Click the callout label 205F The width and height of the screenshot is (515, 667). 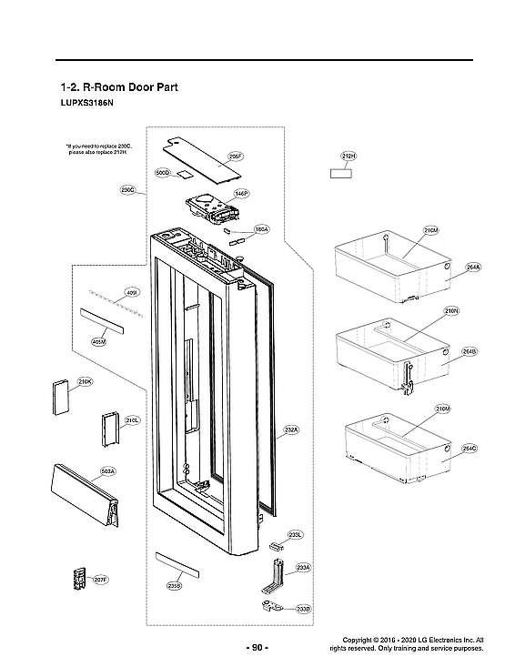coord(234,157)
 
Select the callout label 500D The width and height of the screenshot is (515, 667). coord(163,172)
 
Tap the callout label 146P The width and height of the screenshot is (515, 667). coord(240,194)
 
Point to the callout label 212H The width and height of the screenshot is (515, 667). coord(348,157)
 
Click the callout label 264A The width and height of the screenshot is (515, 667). coord(472,267)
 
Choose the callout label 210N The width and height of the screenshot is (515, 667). coord(451,311)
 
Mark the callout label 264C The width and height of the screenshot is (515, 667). coord(470,449)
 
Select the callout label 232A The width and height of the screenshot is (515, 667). coord(291,429)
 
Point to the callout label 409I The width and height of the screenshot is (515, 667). coord(131,293)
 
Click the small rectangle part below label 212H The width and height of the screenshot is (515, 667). coord(341,174)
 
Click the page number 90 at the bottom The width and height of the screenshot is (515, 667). coord(257,647)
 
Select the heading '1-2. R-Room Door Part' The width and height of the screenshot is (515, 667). coord(117,88)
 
